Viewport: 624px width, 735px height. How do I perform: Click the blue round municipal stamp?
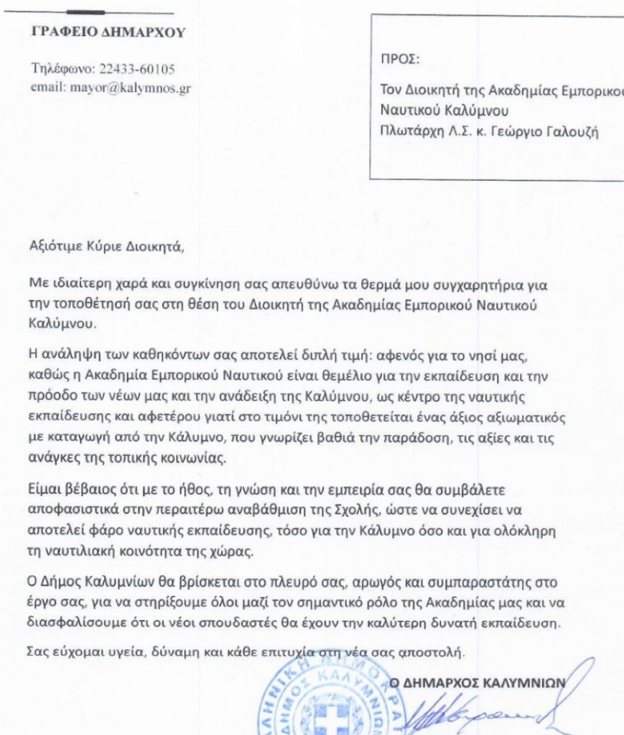point(323,700)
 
